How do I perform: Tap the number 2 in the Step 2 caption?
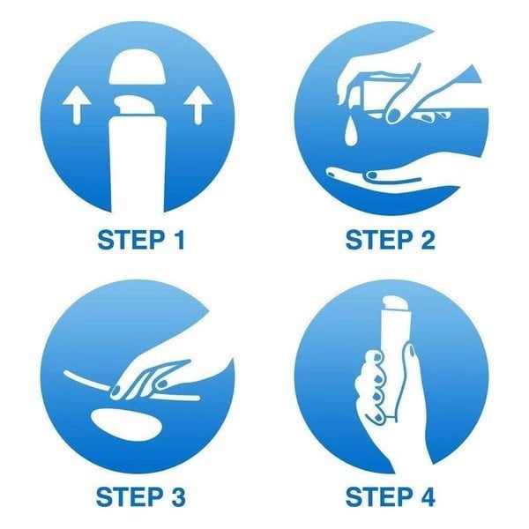click(x=428, y=240)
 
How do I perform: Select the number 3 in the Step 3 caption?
click(x=177, y=497)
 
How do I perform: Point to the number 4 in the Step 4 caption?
click(x=427, y=497)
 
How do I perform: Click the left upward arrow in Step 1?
click(x=77, y=105)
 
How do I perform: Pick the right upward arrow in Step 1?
click(x=197, y=105)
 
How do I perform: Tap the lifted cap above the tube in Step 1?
click(x=138, y=67)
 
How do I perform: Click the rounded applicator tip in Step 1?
click(x=136, y=105)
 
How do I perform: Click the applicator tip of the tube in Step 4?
click(x=397, y=302)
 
